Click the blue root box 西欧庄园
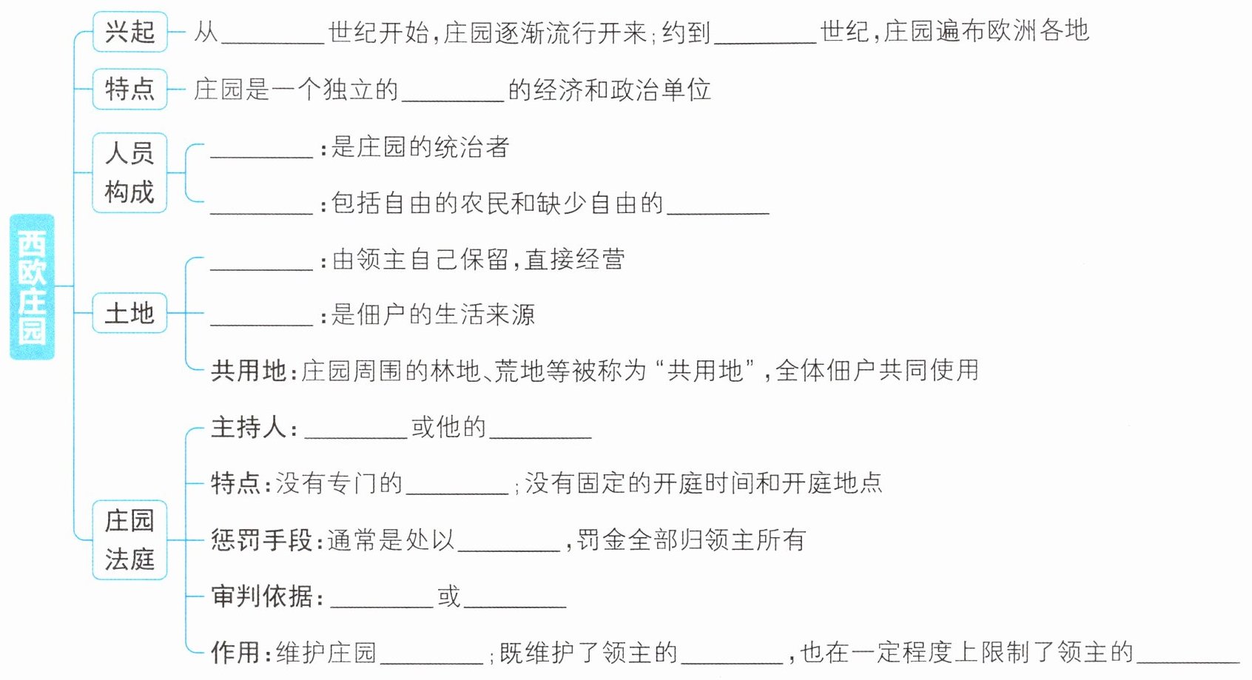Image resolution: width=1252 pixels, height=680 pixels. pyautogui.click(x=32, y=286)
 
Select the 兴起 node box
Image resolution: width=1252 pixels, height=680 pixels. pyautogui.click(x=129, y=32)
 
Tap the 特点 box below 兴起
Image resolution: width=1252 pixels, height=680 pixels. pyautogui.click(x=129, y=89)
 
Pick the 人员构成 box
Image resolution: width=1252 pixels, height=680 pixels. pyautogui.click(x=129, y=172)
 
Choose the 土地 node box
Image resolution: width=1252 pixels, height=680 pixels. pyautogui.click(x=129, y=313)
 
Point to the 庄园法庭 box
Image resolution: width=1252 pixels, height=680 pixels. pyautogui.click(x=129, y=539)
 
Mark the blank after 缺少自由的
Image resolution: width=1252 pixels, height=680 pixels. pyautogui.click(x=718, y=206)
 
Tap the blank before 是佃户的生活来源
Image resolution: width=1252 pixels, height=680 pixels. pyautogui.click(x=262, y=318)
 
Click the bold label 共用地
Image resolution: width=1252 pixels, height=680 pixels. pyautogui.click(x=248, y=370)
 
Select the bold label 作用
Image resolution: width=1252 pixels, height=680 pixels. pyautogui.click(x=235, y=652)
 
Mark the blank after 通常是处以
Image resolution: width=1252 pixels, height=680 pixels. pyautogui.click(x=509, y=544)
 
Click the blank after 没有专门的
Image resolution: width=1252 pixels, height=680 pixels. pyautogui.click(x=457, y=488)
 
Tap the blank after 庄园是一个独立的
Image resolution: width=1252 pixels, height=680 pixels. pyautogui.click(x=452, y=94)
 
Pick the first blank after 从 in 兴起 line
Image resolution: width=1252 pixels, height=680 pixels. pyautogui.click(x=273, y=37)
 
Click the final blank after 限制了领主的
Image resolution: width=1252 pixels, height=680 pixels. pyautogui.click(x=1188, y=656)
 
